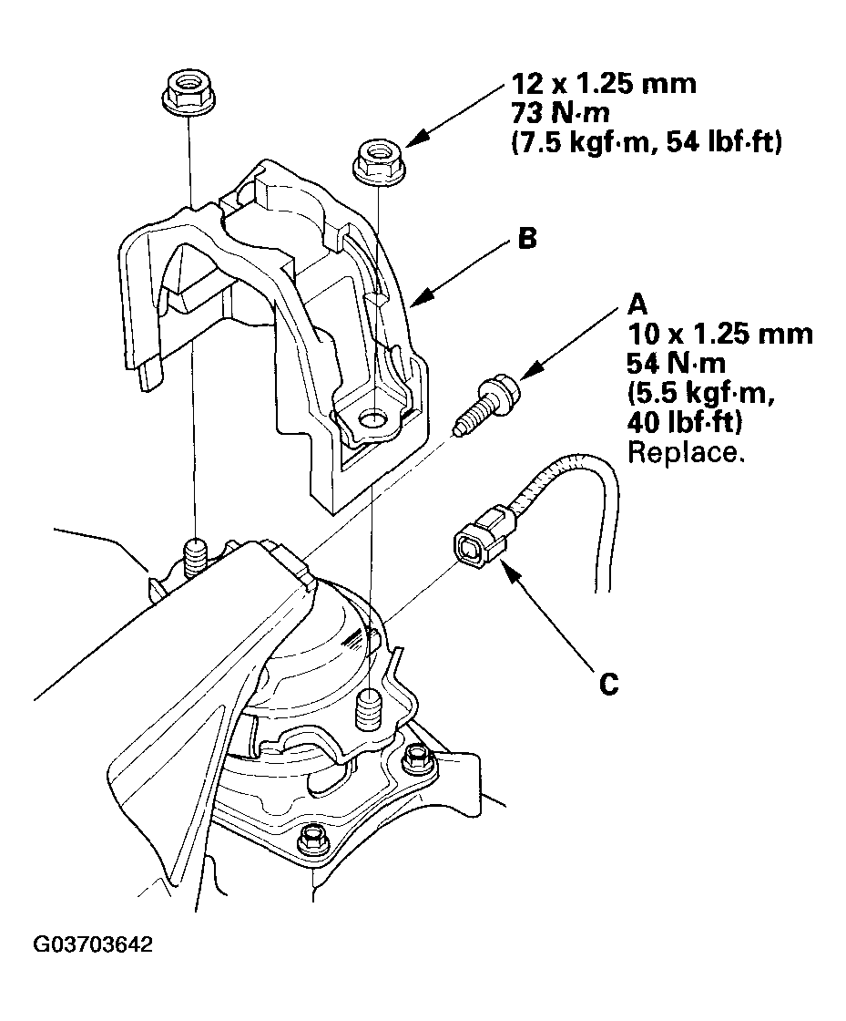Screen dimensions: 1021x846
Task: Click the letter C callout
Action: (608, 683)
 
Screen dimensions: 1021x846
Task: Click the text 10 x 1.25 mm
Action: (719, 334)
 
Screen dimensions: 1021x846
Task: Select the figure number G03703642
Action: (94, 944)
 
